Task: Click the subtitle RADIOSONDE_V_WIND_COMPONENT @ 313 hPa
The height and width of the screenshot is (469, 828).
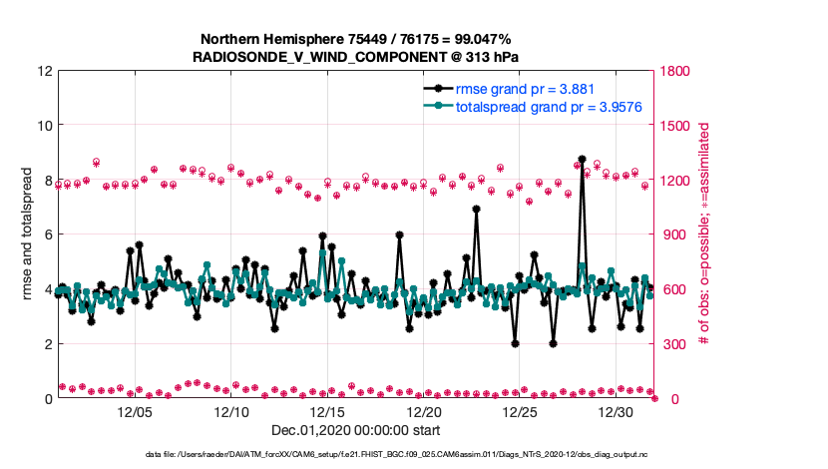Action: [355, 57]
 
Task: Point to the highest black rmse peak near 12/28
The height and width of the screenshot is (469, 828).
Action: [582, 159]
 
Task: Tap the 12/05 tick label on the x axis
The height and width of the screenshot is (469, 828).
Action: [136, 411]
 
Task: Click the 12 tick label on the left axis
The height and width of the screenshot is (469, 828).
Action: [44, 72]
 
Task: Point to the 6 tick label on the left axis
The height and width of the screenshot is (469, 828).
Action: [48, 234]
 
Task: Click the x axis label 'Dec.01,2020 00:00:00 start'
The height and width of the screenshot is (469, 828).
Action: [355, 430]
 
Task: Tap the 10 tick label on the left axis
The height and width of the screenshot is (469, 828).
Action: [44, 126]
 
